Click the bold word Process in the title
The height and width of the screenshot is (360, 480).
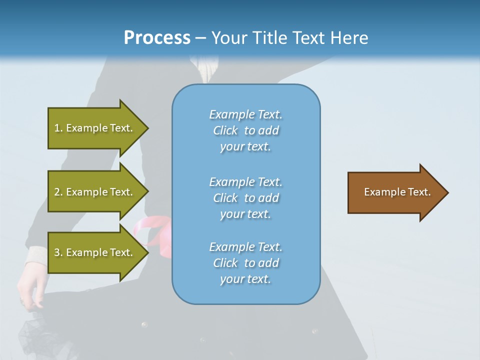(x=157, y=38)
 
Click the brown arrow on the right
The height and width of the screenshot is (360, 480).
(x=395, y=192)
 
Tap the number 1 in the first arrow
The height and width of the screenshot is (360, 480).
(x=57, y=128)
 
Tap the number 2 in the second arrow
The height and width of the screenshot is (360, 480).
(x=57, y=192)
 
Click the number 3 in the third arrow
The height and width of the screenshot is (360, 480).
(x=57, y=252)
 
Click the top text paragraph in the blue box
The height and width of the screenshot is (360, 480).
(x=245, y=130)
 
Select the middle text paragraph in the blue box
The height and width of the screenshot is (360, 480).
(x=245, y=198)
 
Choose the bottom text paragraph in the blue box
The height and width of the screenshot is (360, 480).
(x=245, y=263)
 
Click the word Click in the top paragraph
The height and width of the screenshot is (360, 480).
(x=225, y=130)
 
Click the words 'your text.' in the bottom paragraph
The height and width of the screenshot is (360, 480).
(x=245, y=279)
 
